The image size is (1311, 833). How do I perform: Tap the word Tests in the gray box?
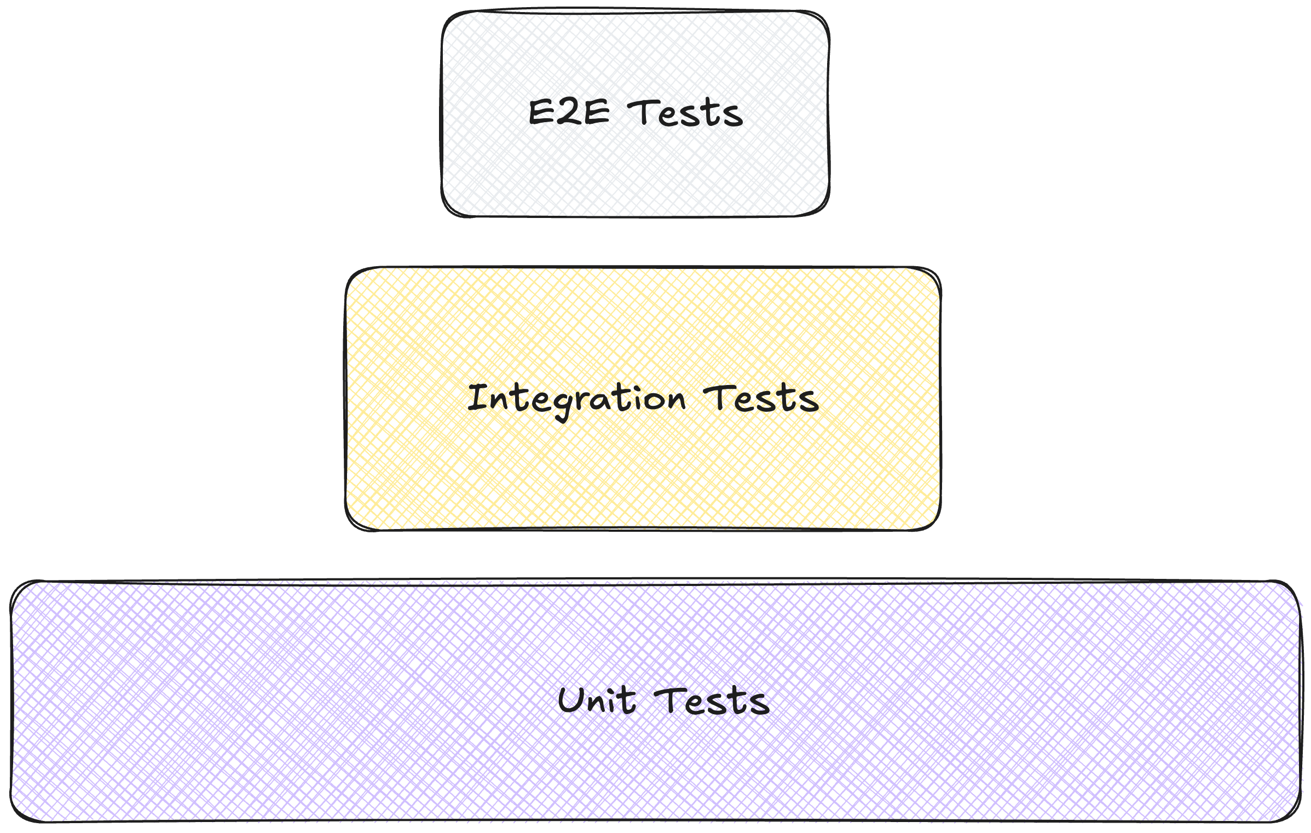click(x=685, y=113)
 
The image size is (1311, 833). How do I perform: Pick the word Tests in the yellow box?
click(x=761, y=398)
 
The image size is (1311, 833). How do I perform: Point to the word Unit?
click(x=597, y=700)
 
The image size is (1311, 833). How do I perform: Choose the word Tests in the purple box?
click(x=712, y=701)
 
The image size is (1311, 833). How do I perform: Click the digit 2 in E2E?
click(x=569, y=112)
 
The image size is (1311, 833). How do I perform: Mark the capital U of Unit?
click(x=571, y=700)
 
